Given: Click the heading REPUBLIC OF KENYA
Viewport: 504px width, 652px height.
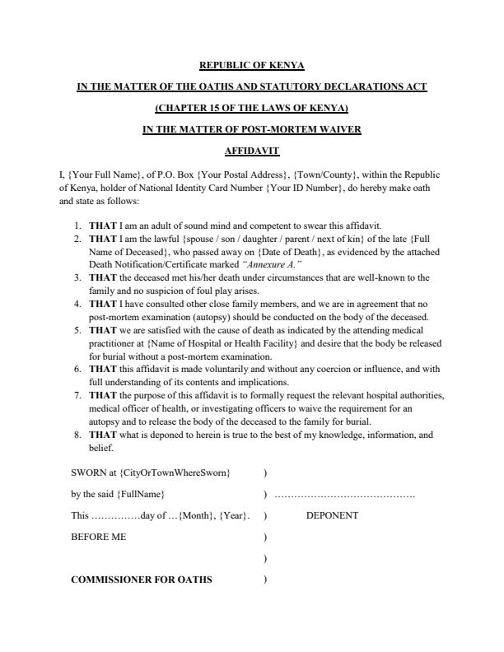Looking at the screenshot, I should (252, 65).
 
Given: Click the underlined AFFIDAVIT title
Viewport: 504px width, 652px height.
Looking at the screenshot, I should (252, 151).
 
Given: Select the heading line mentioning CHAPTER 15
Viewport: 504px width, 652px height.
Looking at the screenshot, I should (252, 108).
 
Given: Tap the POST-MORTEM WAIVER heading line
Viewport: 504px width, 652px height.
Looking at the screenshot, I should (252, 129).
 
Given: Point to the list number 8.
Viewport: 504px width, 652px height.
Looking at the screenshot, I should (77, 435).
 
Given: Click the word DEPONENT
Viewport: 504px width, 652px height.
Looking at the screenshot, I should (332, 515).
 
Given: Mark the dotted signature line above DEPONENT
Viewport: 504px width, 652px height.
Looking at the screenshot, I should (344, 495).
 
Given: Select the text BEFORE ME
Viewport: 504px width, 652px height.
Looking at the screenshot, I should (99, 537).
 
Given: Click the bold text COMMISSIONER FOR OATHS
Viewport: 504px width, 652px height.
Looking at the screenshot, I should (142, 580).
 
